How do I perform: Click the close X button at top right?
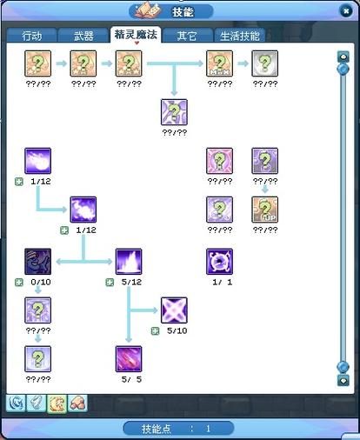pyautogui.click(x=345, y=11)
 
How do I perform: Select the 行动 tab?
pyautogui.click(x=31, y=36)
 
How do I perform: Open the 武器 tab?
pyautogui.click(x=83, y=36)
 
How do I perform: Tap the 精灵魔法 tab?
pyautogui.click(x=136, y=35)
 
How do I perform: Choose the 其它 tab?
pyautogui.click(x=187, y=36)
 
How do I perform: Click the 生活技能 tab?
pyautogui.click(x=239, y=36)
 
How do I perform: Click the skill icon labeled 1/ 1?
pyautogui.click(x=219, y=262)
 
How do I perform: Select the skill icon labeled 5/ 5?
pyautogui.click(x=129, y=359)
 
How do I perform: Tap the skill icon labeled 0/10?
pyautogui.click(x=38, y=262)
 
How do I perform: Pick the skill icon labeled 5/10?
pyautogui.click(x=174, y=310)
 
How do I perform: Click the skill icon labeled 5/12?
pyautogui.click(x=129, y=262)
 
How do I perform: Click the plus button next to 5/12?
pyautogui.click(x=110, y=282)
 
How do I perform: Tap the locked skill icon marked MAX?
pyautogui.click(x=219, y=63)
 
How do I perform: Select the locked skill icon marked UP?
pyautogui.click(x=264, y=210)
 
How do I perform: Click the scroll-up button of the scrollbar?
pyautogui.click(x=343, y=57)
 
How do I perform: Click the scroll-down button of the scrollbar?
pyautogui.click(x=343, y=380)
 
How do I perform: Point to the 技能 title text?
pyautogui.click(x=183, y=12)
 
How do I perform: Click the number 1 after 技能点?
pyautogui.click(x=208, y=429)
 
